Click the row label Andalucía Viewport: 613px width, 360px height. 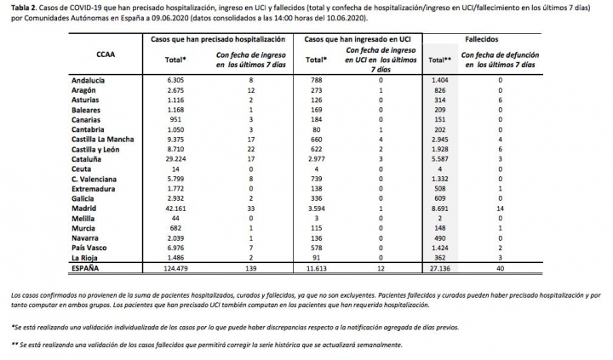click(90, 79)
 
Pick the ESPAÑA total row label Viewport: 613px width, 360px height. click(89, 266)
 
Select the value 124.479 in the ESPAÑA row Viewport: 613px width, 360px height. click(177, 266)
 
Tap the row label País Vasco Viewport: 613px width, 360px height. click(90, 247)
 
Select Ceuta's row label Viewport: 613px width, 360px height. click(83, 168)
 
